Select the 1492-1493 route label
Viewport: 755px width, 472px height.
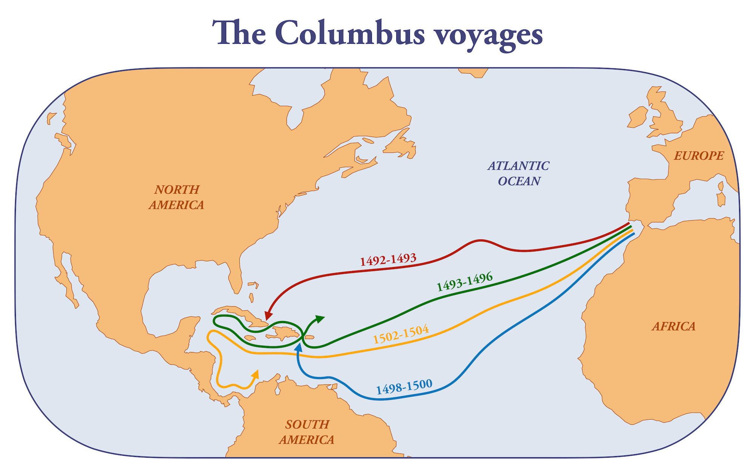pos(388,260)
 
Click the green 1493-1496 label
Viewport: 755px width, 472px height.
pos(464,282)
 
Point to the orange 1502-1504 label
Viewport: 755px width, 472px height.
pos(401,334)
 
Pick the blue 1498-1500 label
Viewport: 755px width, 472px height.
pos(404,387)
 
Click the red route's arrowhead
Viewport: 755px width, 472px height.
pos(268,316)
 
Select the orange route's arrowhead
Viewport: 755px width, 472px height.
pos(256,374)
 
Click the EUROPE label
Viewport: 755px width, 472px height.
pos(699,156)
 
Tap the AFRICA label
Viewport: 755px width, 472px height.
pos(673,326)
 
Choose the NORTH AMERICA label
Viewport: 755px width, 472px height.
pos(176,197)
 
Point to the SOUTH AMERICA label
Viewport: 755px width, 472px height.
pos(307,432)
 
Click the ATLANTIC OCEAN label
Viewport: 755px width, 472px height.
pos(519,173)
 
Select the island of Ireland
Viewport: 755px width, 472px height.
pos(638,117)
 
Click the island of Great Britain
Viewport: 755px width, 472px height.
pos(666,117)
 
